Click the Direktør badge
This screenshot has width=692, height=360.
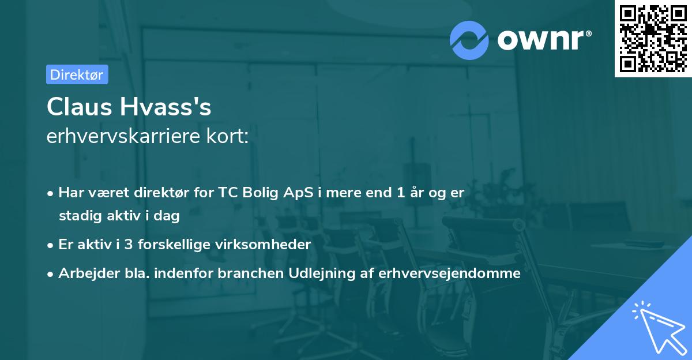click(77, 74)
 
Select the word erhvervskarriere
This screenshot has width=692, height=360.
click(122, 137)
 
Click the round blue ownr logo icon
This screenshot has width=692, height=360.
click(468, 40)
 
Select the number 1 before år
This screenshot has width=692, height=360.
click(400, 193)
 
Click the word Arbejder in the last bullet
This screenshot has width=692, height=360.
click(83, 273)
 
